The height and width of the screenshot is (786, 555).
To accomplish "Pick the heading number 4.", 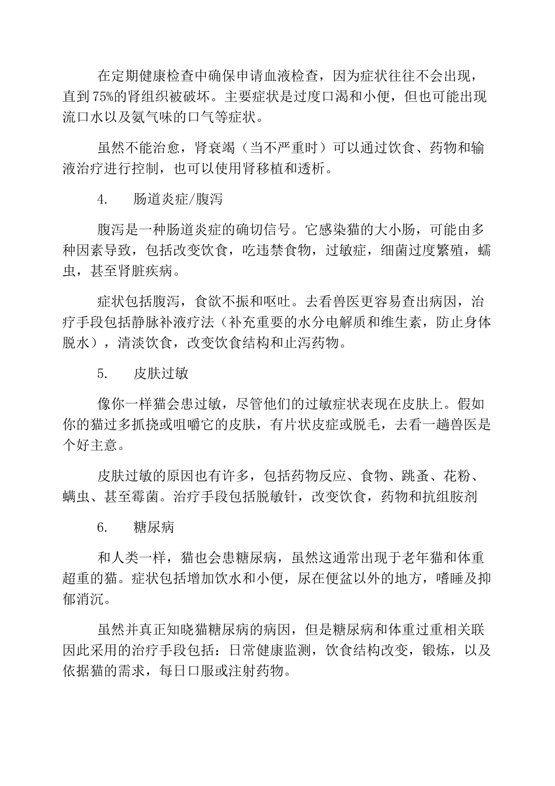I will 102,199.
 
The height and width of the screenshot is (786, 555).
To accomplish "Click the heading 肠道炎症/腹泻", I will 178,199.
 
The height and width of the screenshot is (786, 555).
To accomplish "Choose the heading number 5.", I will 102,374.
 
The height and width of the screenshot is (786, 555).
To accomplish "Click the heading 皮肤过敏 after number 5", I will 161,374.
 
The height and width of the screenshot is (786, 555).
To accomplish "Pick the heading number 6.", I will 102,527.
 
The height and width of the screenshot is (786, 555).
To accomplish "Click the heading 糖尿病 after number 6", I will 154,527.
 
